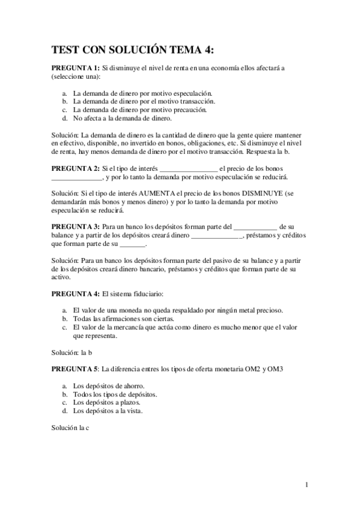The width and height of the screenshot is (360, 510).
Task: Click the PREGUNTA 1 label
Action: [x=75, y=69]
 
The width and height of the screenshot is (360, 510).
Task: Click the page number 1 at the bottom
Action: [x=307, y=485]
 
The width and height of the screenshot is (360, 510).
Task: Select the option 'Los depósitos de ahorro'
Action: [x=109, y=386]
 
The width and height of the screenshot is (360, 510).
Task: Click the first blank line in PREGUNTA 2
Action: [x=189, y=168]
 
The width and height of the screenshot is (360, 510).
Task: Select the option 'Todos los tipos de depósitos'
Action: [x=115, y=394]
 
